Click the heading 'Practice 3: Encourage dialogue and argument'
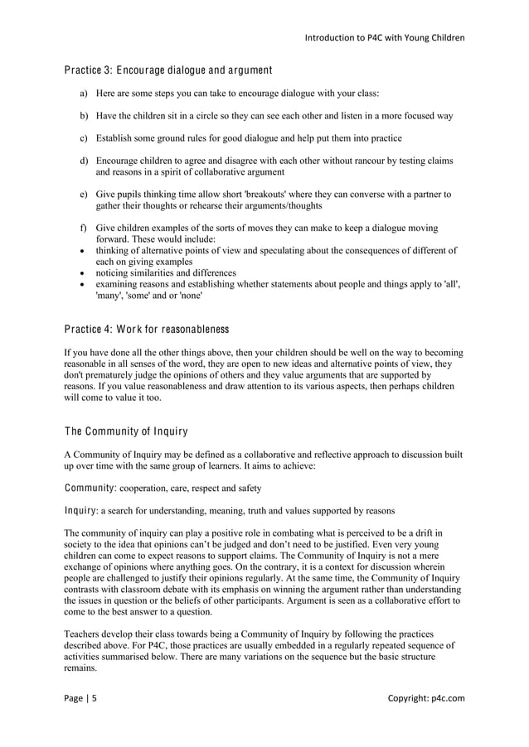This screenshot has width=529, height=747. (168, 69)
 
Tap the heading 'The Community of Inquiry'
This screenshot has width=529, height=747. (126, 431)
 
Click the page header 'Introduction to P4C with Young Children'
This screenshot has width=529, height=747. (385, 37)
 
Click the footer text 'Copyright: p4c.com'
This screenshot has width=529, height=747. (426, 698)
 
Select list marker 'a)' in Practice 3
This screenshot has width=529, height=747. (84, 94)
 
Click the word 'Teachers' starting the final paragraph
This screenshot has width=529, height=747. (84, 633)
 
